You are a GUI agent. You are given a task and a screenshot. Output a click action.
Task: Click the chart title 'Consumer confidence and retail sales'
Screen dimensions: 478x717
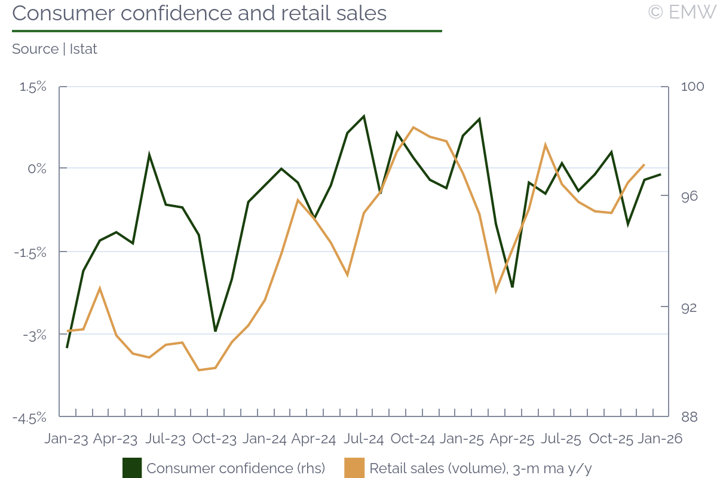click(x=200, y=13)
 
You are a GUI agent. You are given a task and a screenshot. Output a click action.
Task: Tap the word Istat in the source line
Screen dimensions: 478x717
click(x=83, y=49)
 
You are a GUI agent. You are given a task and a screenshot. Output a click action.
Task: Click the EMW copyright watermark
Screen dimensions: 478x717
click(x=682, y=12)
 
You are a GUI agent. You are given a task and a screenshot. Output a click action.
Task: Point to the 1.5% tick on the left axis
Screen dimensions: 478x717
click(x=33, y=87)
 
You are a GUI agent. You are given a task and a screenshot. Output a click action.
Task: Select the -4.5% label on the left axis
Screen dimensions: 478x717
click(x=30, y=417)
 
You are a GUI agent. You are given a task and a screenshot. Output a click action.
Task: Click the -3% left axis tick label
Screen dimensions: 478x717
click(x=35, y=335)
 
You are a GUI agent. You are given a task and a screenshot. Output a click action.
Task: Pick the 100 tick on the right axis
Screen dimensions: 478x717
click(x=693, y=87)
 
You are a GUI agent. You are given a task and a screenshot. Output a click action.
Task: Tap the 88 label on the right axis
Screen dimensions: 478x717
click(x=689, y=416)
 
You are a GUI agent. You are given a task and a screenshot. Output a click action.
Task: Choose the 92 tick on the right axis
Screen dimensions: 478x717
click(x=689, y=307)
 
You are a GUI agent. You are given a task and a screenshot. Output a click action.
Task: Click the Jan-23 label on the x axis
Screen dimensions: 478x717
click(x=66, y=439)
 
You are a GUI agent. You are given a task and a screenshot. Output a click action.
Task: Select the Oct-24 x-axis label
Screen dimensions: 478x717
click(x=412, y=439)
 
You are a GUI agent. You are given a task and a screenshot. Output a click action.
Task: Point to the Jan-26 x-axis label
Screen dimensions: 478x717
click(x=660, y=439)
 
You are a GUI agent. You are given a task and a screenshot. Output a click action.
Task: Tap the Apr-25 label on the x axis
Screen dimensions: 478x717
click(x=511, y=439)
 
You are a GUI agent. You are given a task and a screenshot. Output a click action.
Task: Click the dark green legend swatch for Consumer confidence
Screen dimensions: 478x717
click(x=132, y=468)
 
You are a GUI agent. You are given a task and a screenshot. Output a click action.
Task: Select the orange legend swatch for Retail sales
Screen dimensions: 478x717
click(x=355, y=468)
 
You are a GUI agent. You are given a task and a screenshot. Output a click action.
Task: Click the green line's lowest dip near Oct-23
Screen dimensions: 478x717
click(x=216, y=330)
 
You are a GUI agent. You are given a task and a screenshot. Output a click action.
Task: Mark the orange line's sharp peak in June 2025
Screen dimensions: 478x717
click(x=546, y=145)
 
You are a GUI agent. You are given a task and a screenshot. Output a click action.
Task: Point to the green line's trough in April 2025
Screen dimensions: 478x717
click(x=512, y=287)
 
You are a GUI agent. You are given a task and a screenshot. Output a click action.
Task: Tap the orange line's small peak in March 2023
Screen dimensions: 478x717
click(x=100, y=289)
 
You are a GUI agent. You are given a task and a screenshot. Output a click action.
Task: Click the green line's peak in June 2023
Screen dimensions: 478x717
click(x=149, y=155)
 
